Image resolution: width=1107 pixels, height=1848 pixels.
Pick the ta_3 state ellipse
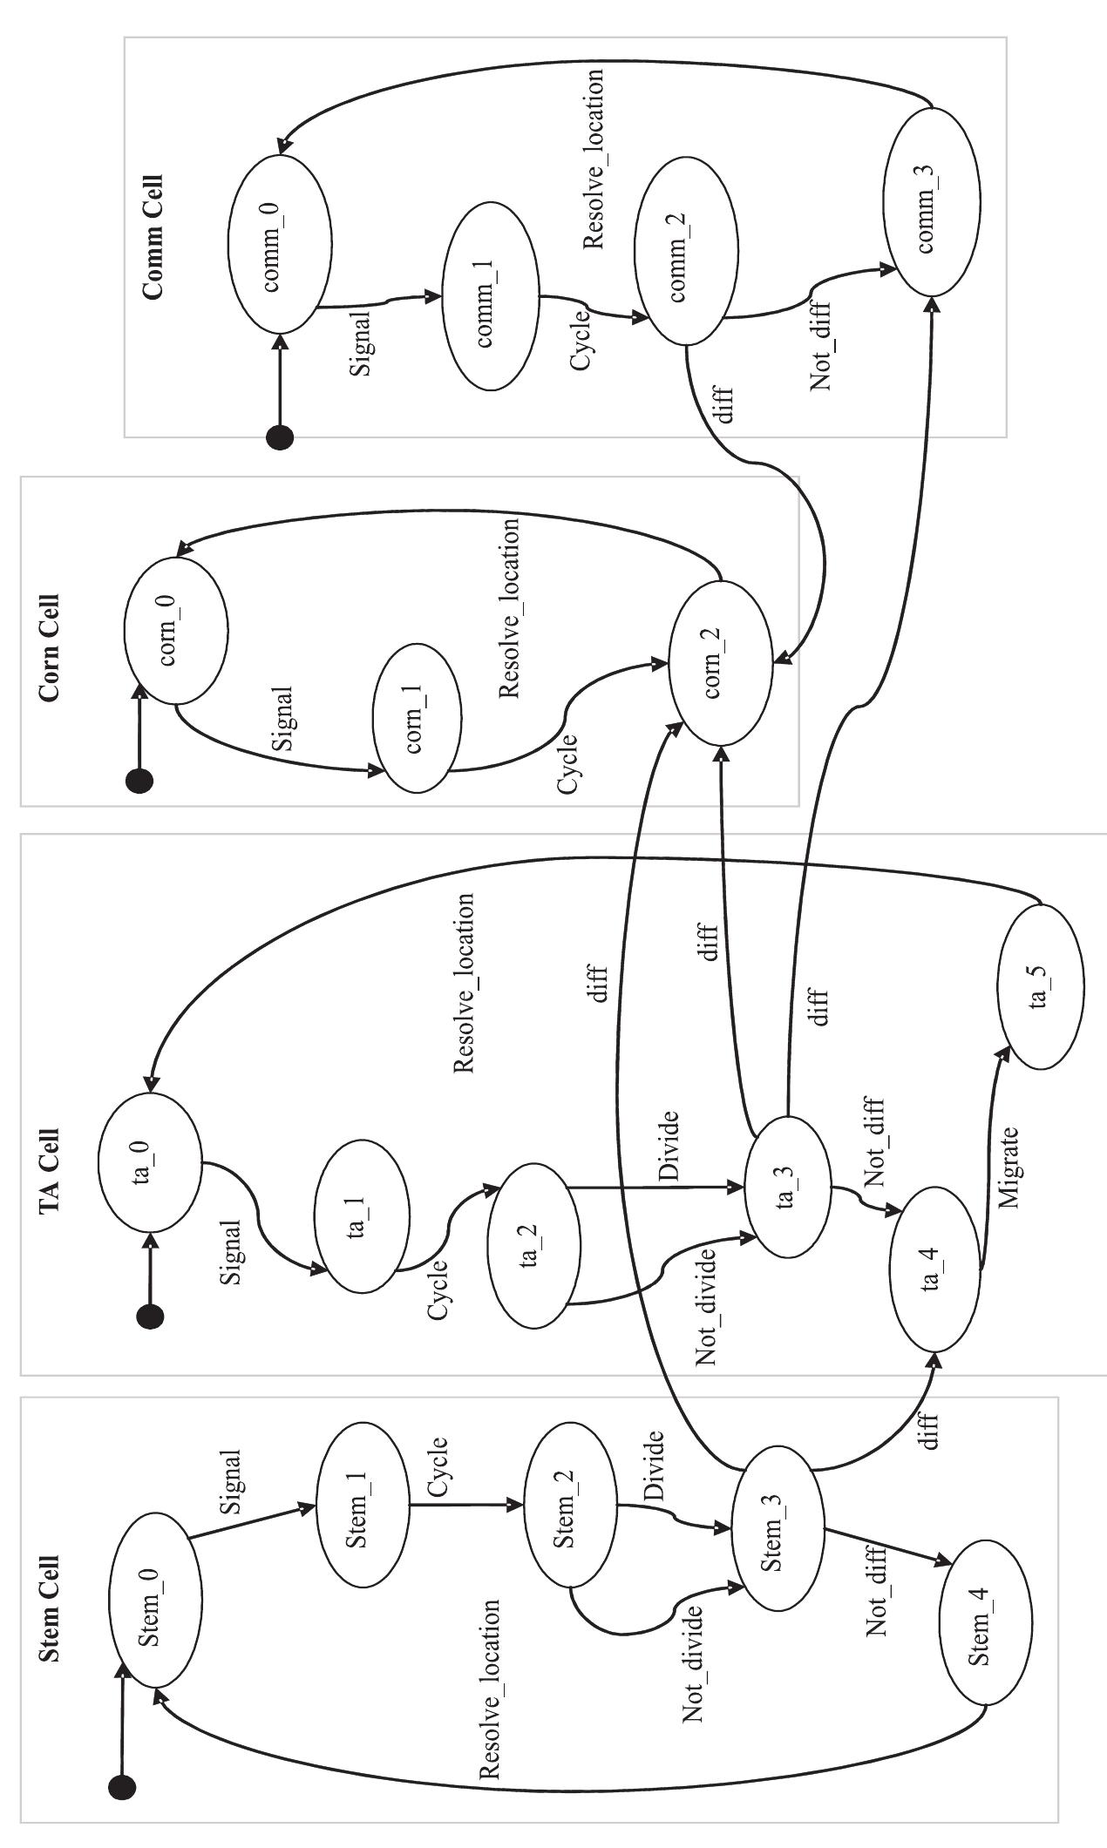(788, 1187)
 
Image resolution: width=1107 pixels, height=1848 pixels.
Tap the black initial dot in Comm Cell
(280, 438)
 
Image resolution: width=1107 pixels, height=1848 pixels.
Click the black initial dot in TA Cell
(151, 1317)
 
